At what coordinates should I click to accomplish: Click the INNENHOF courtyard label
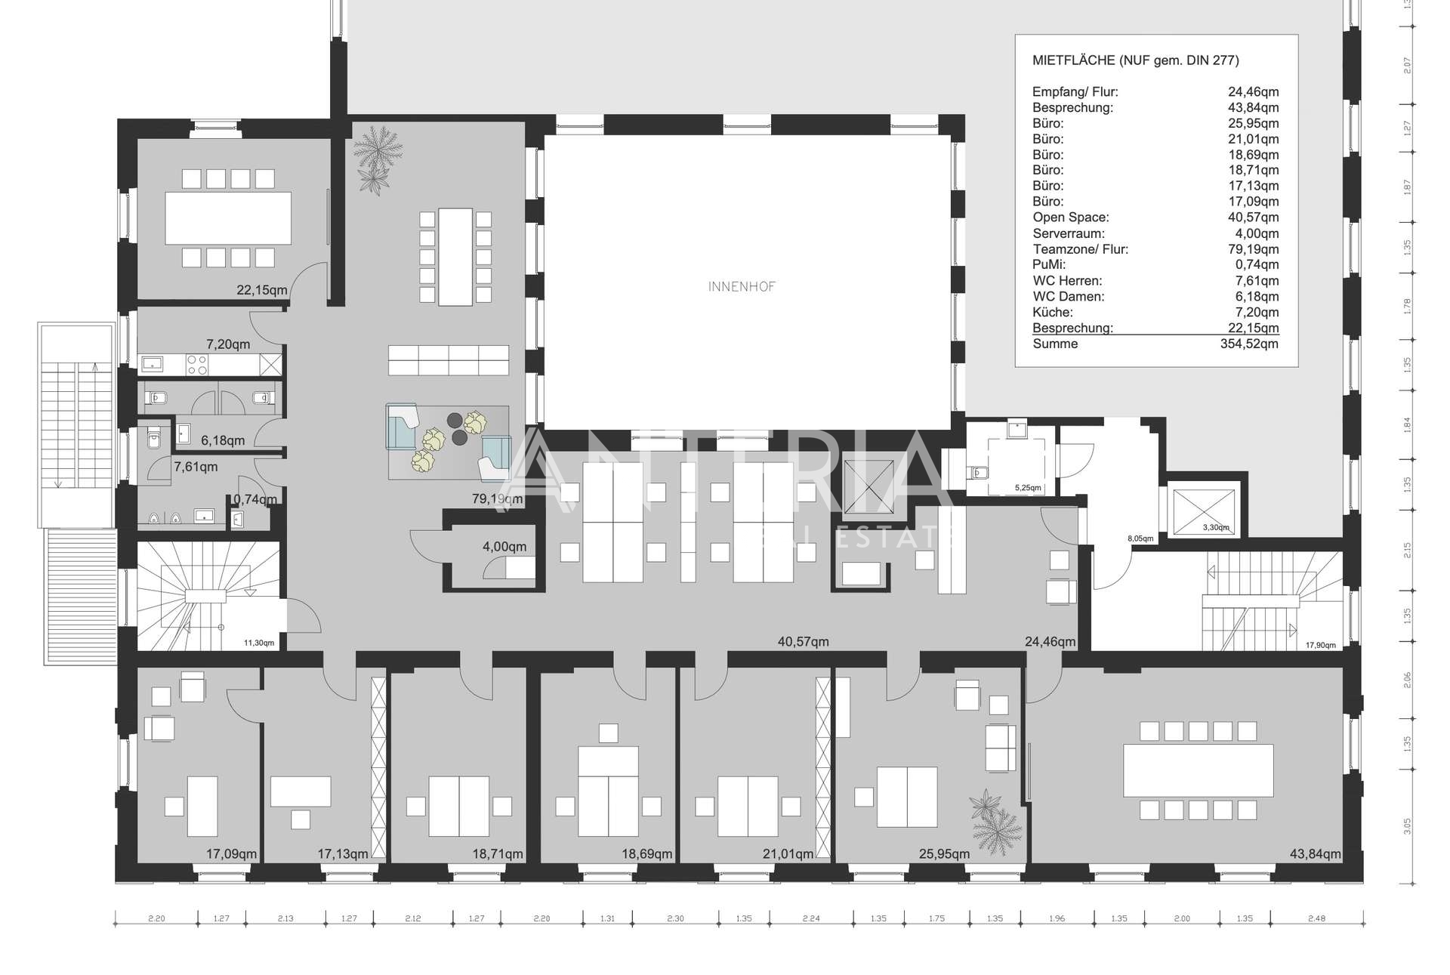coord(742,287)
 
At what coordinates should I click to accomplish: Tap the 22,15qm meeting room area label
coord(262,290)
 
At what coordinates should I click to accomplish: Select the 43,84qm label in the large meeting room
coord(1316,854)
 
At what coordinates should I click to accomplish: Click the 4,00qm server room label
coord(504,547)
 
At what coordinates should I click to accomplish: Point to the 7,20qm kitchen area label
coord(228,344)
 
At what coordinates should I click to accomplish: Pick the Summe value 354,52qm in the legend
coord(1249,344)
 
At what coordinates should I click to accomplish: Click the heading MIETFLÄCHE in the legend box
coord(1072,60)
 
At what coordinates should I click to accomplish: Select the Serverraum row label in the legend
coord(1069,233)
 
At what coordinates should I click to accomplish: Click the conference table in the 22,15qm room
coord(228,218)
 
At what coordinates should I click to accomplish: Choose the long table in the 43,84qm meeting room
coord(1198,770)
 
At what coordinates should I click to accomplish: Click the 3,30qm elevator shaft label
coord(1215,527)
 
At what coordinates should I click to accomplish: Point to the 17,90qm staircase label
coord(1320,645)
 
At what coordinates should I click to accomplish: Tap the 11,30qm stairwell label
coord(258,643)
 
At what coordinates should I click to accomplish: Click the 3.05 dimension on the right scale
coord(1407,826)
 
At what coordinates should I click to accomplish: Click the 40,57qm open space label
coord(803,642)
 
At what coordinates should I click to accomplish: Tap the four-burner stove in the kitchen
coord(197,365)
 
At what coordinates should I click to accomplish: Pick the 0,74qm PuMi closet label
coord(255,499)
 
